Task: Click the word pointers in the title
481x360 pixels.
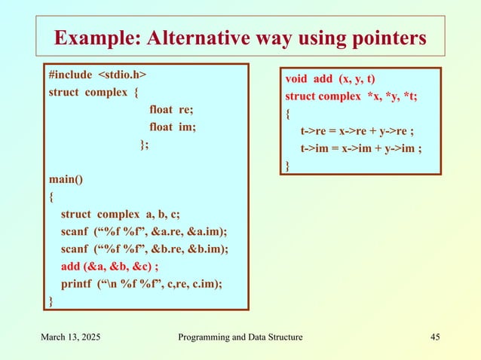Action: coord(381,37)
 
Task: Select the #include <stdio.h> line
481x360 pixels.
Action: coord(97,77)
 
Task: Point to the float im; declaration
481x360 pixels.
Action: coord(173,127)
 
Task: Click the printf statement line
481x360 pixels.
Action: coord(142,284)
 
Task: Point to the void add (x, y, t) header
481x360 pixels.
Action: coord(332,80)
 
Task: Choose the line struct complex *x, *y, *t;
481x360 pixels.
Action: coord(350,97)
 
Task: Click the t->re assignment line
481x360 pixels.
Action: coord(357,131)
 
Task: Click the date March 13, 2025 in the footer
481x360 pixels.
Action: coord(73,337)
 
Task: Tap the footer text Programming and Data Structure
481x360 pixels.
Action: coord(240,337)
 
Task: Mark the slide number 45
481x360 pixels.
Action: coord(434,337)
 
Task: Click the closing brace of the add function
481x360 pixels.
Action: coord(287,165)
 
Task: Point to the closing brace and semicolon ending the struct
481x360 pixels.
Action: coord(145,145)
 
